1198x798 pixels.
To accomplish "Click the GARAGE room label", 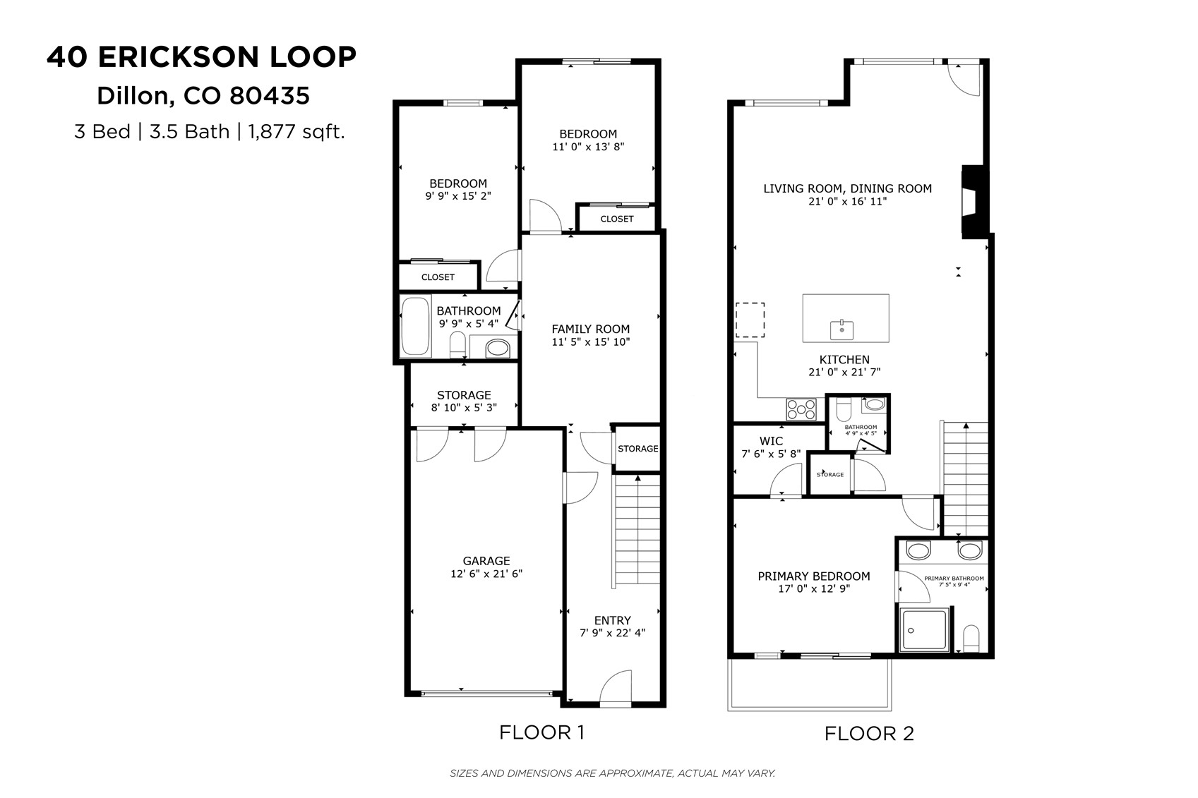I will pos(486,562).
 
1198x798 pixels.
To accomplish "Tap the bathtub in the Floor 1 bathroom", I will pos(415,327).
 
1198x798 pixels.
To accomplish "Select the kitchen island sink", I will pos(842,330).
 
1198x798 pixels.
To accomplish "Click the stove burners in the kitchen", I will pos(801,409).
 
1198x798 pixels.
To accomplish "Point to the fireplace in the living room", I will pos(973,202).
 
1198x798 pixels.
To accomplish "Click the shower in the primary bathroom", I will pos(925,630).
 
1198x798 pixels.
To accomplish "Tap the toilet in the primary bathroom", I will pos(971,639).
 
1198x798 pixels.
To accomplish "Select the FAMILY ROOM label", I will pos(590,329).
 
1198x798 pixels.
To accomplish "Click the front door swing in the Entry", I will pos(616,688).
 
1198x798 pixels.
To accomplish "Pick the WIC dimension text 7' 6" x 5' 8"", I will pos(771,454).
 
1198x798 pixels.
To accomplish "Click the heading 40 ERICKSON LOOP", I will pos(202,57).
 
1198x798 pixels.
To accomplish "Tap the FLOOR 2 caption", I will pos(869,734).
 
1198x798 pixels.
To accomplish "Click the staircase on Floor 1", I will pos(637,531).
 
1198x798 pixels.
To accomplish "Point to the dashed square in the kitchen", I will pos(750,320).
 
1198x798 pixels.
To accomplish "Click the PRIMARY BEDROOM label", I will pos(813,576).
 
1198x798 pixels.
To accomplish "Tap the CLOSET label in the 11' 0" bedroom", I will pos(617,219).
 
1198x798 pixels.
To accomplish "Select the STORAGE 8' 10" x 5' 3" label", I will pos(463,401).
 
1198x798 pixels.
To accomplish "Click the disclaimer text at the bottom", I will pos(612,773).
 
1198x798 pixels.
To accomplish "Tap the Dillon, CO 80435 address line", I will pos(203,95).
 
